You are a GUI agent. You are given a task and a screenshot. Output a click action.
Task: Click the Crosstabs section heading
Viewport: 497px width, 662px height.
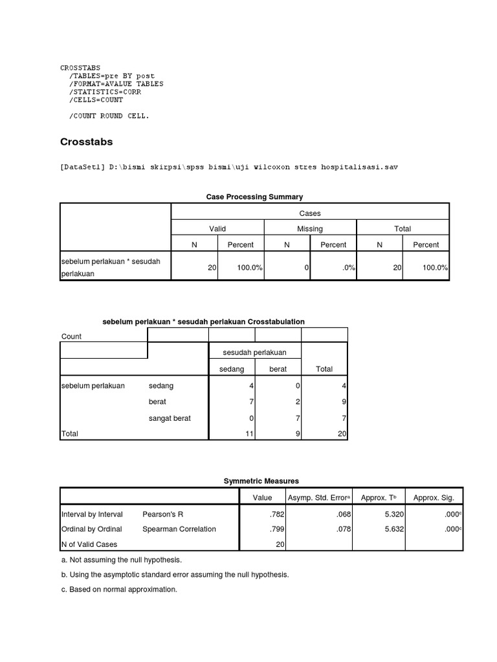pos(87,142)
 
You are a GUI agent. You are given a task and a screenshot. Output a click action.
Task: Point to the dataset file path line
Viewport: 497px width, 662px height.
pos(228,167)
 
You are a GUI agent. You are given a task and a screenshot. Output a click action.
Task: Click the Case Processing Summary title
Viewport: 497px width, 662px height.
pos(254,197)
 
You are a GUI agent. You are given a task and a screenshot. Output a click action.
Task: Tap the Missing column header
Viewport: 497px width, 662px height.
pos(310,229)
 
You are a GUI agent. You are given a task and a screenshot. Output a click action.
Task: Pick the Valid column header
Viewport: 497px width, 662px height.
pos(217,229)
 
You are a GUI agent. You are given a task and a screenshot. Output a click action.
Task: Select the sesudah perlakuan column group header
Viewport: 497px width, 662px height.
pos(254,352)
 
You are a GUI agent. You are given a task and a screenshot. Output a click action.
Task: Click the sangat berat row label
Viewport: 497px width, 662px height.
pos(170,418)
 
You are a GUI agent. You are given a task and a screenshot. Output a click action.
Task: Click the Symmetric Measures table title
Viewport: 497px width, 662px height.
pos(261,481)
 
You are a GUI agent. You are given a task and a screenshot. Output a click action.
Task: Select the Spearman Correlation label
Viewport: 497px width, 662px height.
pos(179,529)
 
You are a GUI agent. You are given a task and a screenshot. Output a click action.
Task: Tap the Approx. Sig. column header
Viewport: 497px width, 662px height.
pos(434,497)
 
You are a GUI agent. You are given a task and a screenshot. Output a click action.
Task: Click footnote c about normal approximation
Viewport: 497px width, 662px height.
pos(119,590)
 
